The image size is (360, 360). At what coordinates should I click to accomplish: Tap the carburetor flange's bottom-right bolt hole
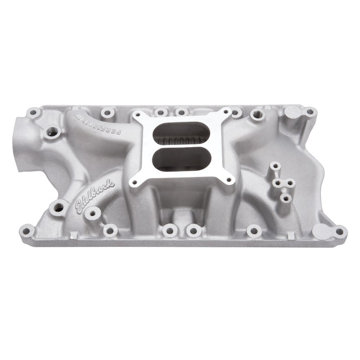230,179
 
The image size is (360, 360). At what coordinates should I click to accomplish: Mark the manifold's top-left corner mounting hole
33,112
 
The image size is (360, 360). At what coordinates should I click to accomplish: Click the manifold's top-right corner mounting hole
309,111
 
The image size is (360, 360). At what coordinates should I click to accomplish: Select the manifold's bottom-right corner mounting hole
340,231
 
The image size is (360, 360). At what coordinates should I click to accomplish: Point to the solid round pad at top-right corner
292,111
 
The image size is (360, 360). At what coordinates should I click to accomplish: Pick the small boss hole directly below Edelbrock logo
92,214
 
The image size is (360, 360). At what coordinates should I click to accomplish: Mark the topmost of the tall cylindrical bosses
276,166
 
